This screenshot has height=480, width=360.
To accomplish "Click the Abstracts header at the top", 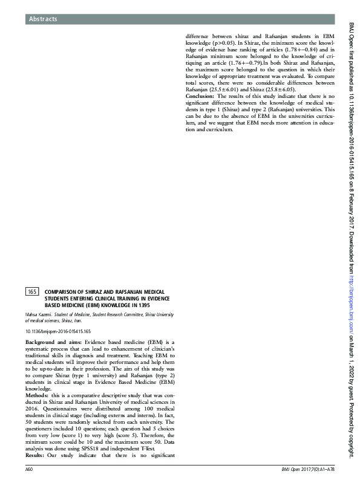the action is (x=43, y=19).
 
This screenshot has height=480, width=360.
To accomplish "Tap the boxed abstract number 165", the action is (x=32, y=292).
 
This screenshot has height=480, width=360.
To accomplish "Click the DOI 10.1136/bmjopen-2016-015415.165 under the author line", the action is (x=58, y=332).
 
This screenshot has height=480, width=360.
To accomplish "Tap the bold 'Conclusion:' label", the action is (x=200, y=96).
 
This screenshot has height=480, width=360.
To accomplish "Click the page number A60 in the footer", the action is (x=29, y=469).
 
